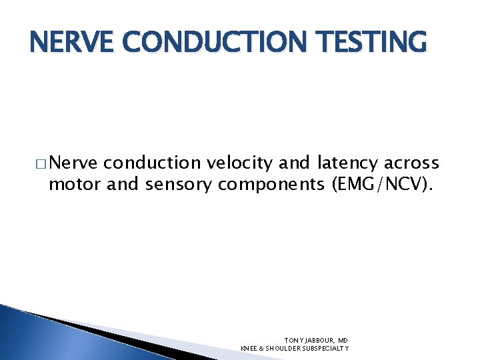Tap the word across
(x=413, y=163)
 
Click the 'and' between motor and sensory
(x=122, y=184)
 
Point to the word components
(x=271, y=184)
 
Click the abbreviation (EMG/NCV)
(x=383, y=184)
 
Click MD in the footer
(x=343, y=339)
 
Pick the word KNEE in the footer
(x=248, y=348)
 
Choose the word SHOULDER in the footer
(x=282, y=348)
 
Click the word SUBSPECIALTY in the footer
(x=327, y=348)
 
